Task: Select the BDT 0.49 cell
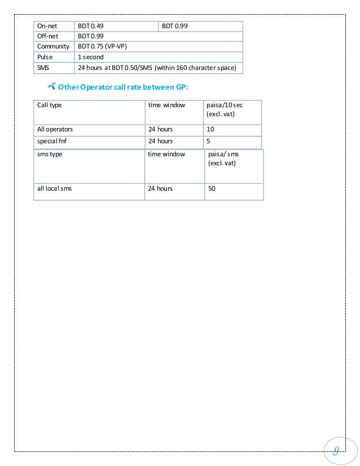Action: [90, 26]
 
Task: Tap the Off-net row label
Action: [47, 36]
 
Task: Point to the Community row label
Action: [53, 47]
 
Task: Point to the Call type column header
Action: [50, 105]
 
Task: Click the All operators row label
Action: [55, 129]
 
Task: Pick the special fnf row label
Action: [52, 141]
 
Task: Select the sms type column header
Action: [50, 154]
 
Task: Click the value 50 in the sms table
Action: [212, 189]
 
